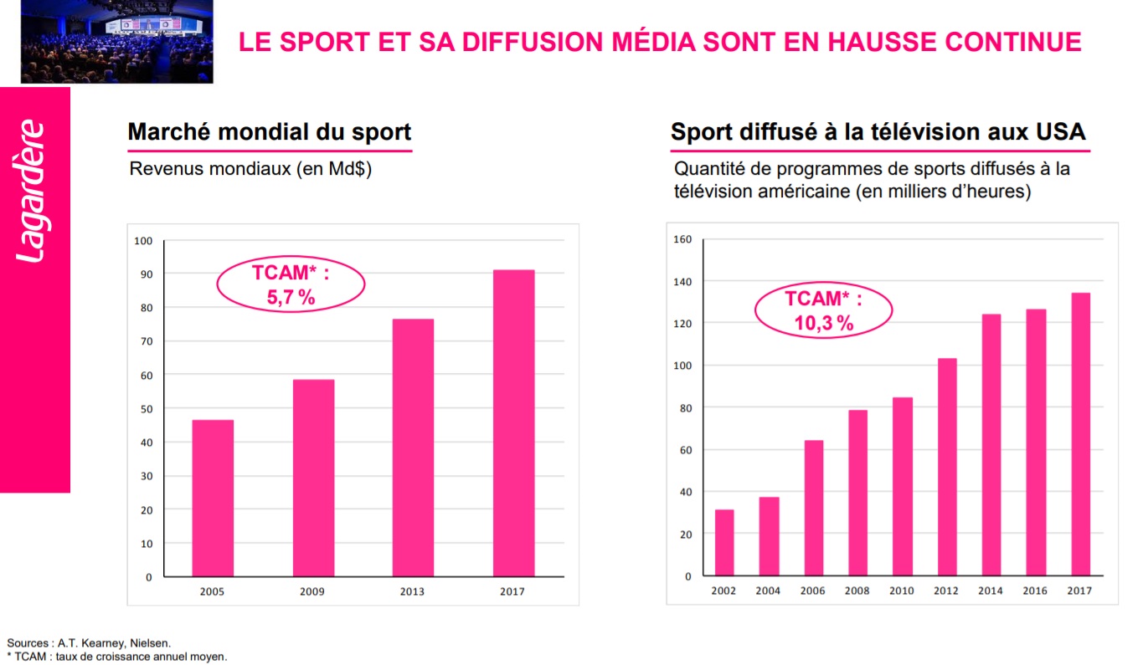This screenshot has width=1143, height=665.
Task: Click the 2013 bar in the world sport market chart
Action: pos(413,448)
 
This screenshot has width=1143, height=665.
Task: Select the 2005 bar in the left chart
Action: pos(213,498)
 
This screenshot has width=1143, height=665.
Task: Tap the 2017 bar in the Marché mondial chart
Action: pos(513,423)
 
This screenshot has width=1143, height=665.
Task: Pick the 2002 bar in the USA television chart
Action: pos(724,543)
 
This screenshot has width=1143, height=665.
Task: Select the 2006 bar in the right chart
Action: pos(814,508)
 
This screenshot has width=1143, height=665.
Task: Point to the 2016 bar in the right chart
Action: pos(1036,442)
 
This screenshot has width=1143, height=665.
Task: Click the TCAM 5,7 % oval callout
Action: pos(291,284)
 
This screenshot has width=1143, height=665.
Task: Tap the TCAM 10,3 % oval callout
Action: pos(823,310)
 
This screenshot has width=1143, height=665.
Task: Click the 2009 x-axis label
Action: pos(312,591)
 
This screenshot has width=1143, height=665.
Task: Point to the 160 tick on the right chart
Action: pos(682,240)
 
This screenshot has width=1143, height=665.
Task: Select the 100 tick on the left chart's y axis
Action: pos(143,241)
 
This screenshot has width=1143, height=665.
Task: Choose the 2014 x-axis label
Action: pos(991,591)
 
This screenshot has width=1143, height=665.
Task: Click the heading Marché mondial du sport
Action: pos(269,132)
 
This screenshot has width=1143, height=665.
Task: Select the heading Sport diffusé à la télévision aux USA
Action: pos(878,132)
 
